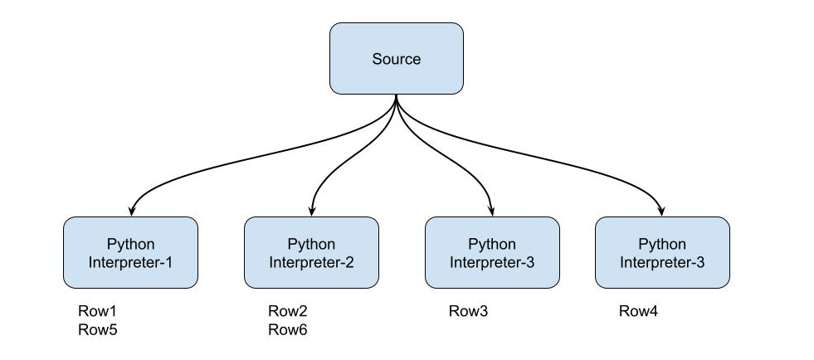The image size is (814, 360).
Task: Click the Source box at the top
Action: click(x=396, y=59)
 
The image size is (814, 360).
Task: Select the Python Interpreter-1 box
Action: click(x=130, y=253)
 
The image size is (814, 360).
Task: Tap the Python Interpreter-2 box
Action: click(x=311, y=253)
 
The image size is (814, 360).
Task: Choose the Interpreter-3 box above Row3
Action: click(x=492, y=253)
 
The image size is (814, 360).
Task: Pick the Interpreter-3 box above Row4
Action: click(x=662, y=253)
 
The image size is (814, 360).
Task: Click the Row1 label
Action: click(x=96, y=312)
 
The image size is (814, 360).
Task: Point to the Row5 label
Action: click(x=96, y=329)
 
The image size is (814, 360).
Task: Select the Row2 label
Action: click(x=287, y=312)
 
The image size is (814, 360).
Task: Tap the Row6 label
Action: click(x=287, y=329)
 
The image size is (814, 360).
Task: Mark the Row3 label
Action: click(x=469, y=312)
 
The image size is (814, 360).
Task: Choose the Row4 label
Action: click(x=639, y=312)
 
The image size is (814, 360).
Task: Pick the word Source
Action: click(x=396, y=59)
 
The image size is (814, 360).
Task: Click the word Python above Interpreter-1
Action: click(x=130, y=244)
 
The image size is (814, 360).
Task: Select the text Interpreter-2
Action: click(x=311, y=263)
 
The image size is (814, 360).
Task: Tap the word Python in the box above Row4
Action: click(x=662, y=244)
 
